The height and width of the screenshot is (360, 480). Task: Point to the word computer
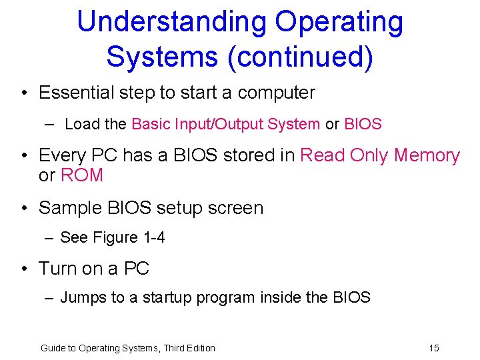276,93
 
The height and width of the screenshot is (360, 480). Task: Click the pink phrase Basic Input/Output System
226,124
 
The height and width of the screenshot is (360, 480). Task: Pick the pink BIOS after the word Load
363,124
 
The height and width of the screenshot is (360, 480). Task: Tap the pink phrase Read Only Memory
380,155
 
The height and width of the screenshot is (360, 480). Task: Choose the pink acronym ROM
82,175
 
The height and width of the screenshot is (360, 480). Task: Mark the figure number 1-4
153,237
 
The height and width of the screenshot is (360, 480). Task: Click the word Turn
58,269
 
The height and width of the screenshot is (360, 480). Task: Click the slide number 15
434,348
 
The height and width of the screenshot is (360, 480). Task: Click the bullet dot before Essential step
23,93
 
